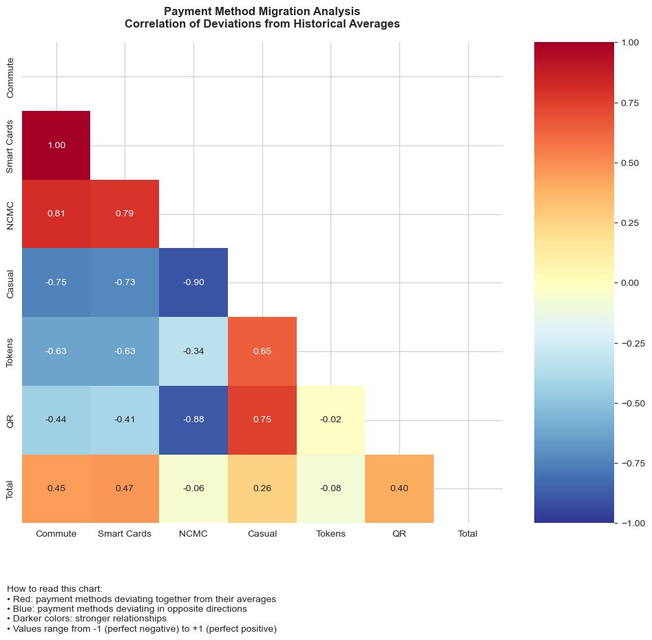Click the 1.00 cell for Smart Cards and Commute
[x=56, y=145]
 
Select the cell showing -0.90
[x=193, y=282]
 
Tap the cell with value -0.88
[x=193, y=420]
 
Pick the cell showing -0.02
[x=330, y=420]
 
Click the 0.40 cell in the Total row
[x=399, y=488]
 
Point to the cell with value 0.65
[x=262, y=351]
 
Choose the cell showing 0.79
[x=125, y=214]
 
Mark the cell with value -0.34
[x=193, y=351]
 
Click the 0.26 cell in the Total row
[x=262, y=488]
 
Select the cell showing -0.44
[x=56, y=420]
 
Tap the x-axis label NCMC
[x=193, y=533]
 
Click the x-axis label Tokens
[x=330, y=533]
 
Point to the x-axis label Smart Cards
[x=125, y=533]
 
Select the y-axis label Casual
[x=10, y=282]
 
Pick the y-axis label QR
[x=10, y=420]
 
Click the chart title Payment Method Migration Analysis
[x=262, y=12]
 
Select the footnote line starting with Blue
[x=127, y=609]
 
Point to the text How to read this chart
[x=54, y=589]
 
